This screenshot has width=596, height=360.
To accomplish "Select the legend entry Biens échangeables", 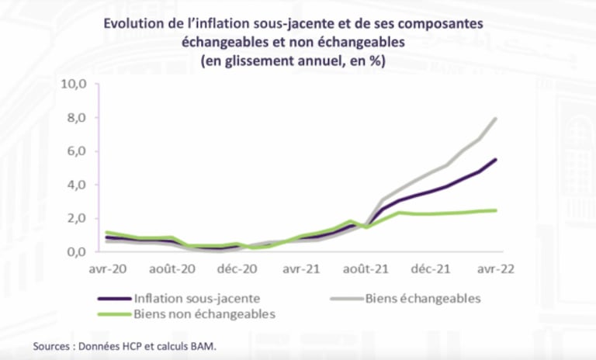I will [423, 298].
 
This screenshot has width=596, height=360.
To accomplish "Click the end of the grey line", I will [496, 119].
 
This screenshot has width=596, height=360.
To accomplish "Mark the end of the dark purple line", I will [496, 160].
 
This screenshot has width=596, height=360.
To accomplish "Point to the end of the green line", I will [496, 210].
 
